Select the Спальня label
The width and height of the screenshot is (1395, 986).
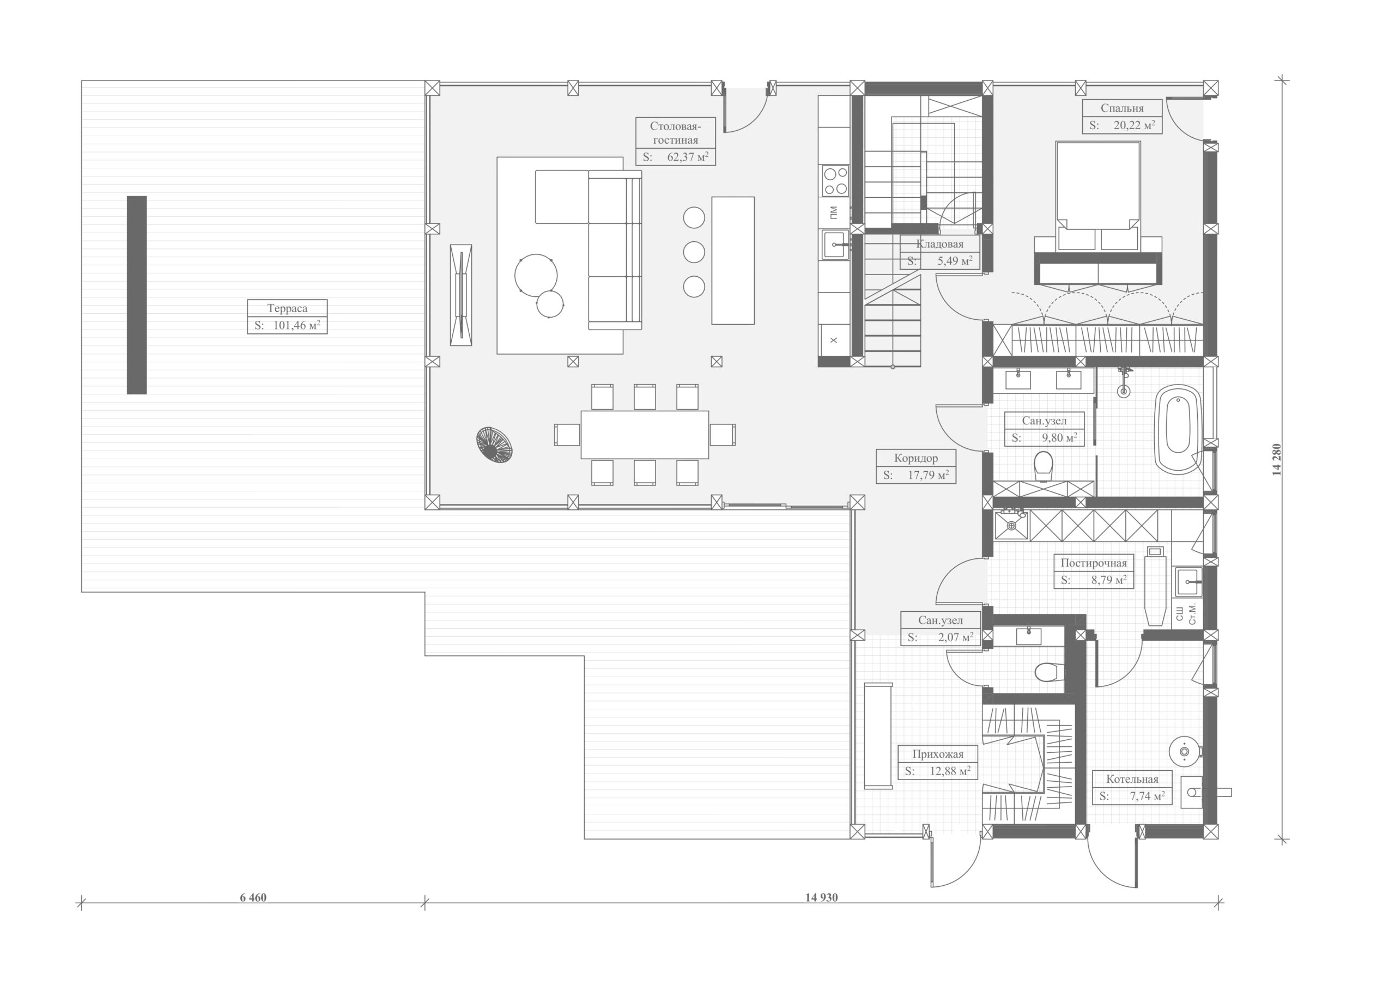pyautogui.click(x=1121, y=108)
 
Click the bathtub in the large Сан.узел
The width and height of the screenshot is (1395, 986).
pyautogui.click(x=1178, y=429)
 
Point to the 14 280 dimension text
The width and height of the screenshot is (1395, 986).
pyautogui.click(x=1277, y=459)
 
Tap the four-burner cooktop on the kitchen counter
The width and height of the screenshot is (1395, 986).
pyautogui.click(x=835, y=180)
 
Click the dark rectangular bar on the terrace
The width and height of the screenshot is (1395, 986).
pyautogui.click(x=137, y=295)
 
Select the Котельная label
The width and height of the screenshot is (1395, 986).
pyautogui.click(x=1132, y=779)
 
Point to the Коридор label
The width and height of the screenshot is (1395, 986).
pyautogui.click(x=915, y=458)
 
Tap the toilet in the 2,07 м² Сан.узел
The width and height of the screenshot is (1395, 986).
pyautogui.click(x=1047, y=672)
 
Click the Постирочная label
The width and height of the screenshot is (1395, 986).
pyautogui.click(x=1093, y=563)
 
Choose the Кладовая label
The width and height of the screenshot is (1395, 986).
pyautogui.click(x=940, y=244)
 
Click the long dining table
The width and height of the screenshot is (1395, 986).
pyautogui.click(x=645, y=434)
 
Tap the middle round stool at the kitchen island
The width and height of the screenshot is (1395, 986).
pyautogui.click(x=694, y=252)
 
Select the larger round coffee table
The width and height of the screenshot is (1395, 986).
pyautogui.click(x=536, y=275)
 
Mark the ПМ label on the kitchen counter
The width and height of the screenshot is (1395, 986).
pyautogui.click(x=834, y=212)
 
